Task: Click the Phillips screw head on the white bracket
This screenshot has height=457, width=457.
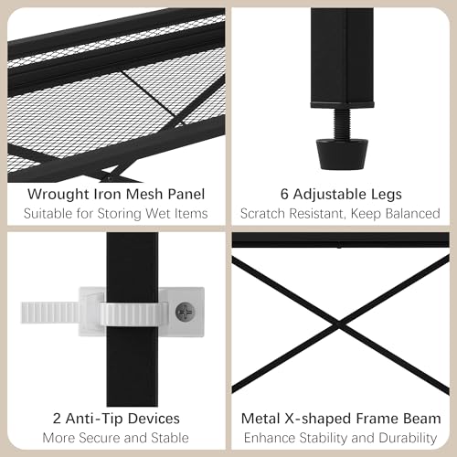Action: pos(185,312)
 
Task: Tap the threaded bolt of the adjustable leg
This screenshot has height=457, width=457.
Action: pos(342,123)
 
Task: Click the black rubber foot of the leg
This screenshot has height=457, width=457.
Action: pos(342,154)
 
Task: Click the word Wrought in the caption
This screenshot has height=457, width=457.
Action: pos(58,195)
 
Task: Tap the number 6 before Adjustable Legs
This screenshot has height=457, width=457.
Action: pos(284,194)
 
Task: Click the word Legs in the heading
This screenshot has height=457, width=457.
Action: pos(386,195)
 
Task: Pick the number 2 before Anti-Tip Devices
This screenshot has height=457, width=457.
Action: pos(57,419)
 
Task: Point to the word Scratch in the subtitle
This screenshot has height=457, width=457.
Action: pos(262,214)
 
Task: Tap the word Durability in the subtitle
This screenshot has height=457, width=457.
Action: pos(408,439)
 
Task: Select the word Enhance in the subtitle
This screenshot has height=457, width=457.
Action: pos(269,438)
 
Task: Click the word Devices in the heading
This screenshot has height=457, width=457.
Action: pos(153,419)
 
